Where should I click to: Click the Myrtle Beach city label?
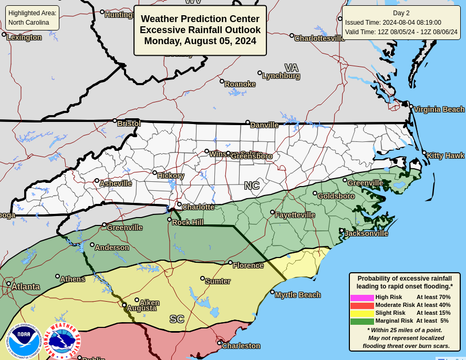click(x=297, y=295)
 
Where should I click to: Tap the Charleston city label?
click(x=241, y=346)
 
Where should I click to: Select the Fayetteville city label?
click(x=295, y=215)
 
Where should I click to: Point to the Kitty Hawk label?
click(x=446, y=156)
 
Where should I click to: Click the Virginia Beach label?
click(x=439, y=109)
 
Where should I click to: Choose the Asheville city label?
click(x=116, y=183)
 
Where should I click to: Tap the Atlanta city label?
click(x=25, y=286)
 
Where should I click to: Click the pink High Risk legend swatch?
click(x=362, y=297)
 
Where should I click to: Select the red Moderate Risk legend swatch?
click(x=362, y=305)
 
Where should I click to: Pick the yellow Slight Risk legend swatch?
click(x=362, y=313)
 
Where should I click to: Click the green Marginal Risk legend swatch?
click(x=362, y=321)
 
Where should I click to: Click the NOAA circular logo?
click(x=23, y=341)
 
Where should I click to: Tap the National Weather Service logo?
click(x=62, y=341)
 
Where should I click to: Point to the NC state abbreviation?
click(x=252, y=186)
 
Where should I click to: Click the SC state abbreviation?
click(x=177, y=319)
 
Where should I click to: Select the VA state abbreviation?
click(x=291, y=68)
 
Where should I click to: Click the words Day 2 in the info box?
click(x=401, y=13)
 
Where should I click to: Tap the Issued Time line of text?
click(x=393, y=23)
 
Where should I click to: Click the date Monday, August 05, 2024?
click(x=200, y=41)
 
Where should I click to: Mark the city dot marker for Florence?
click(x=230, y=263)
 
